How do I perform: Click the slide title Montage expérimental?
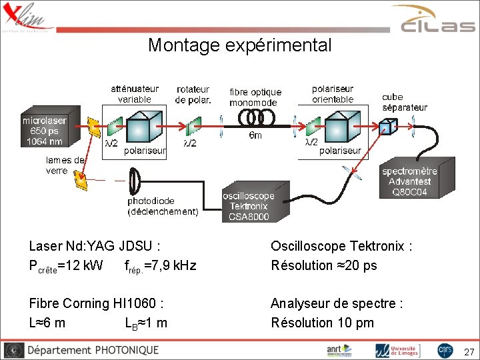(x=239, y=45)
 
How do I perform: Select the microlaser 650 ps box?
(x=44, y=131)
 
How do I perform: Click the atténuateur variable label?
(x=135, y=94)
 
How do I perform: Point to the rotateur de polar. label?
(x=193, y=94)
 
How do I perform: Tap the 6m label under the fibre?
(x=255, y=135)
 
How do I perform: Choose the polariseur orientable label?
(x=333, y=94)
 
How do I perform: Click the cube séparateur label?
(x=405, y=102)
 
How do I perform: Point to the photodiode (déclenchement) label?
(x=163, y=206)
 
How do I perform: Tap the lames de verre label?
(x=65, y=165)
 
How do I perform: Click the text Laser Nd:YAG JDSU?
(x=95, y=246)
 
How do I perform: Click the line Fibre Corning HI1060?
(x=97, y=303)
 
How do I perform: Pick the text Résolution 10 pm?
(x=322, y=323)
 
